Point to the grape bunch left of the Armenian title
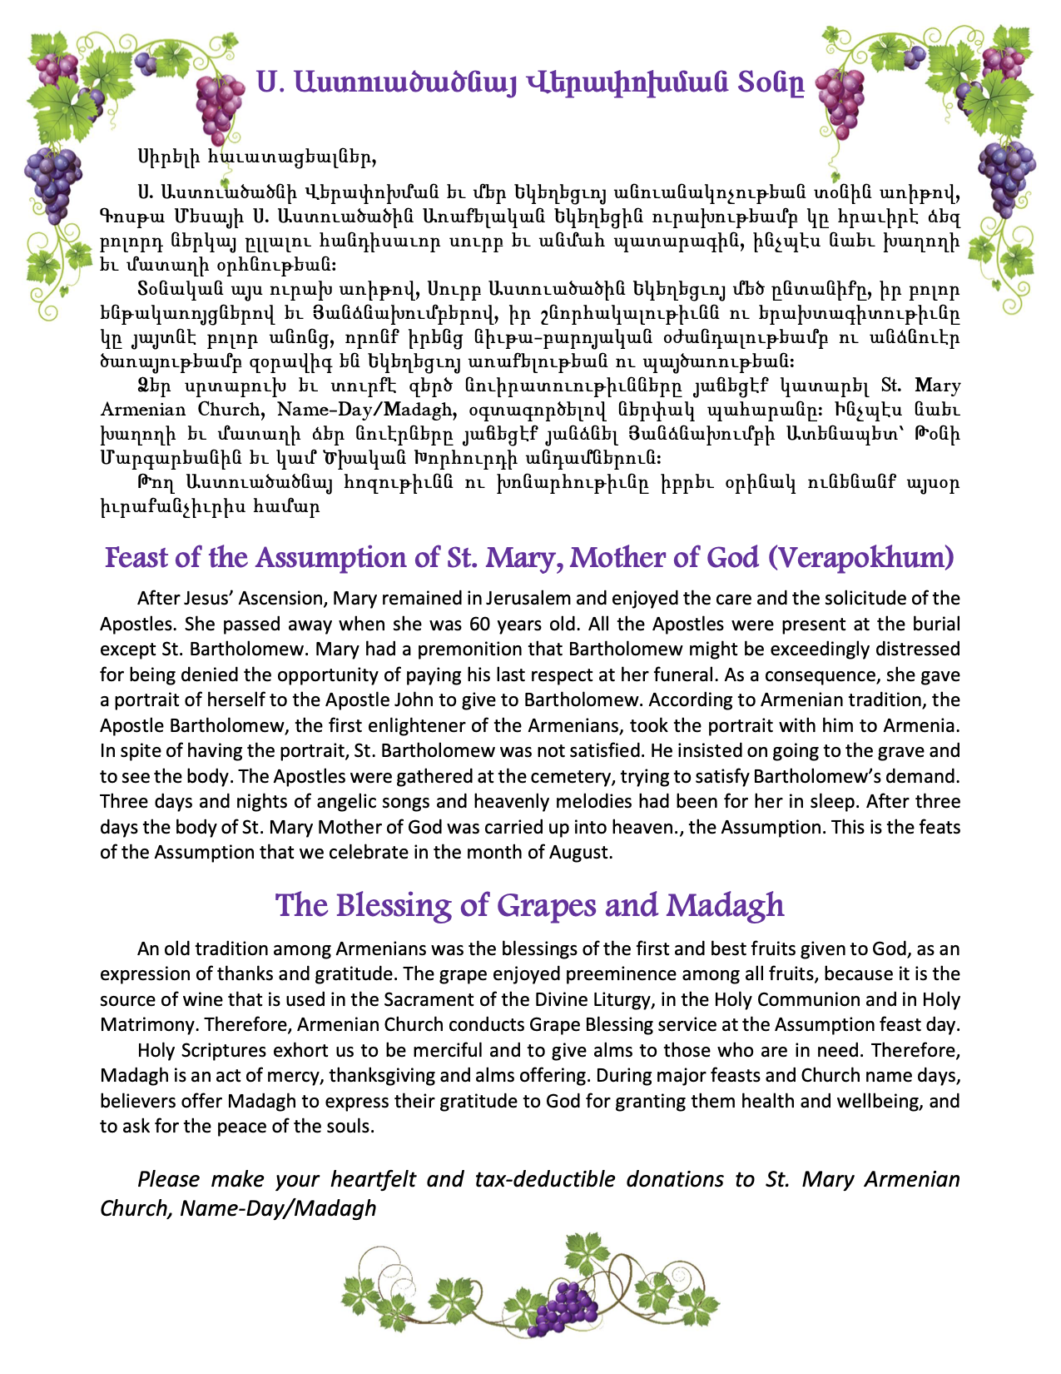[218, 107]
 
